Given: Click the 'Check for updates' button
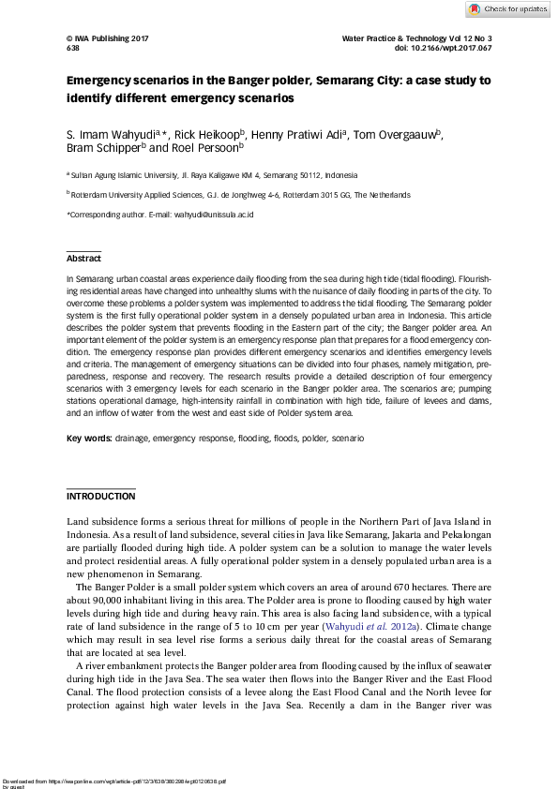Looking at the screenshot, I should pos(507,9).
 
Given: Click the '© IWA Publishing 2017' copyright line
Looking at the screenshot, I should pos(108,37).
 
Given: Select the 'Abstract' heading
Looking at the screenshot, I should pos(83,259).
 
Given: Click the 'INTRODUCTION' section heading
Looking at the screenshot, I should pos(100,496).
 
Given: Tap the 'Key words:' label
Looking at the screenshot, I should pos(89,439).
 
